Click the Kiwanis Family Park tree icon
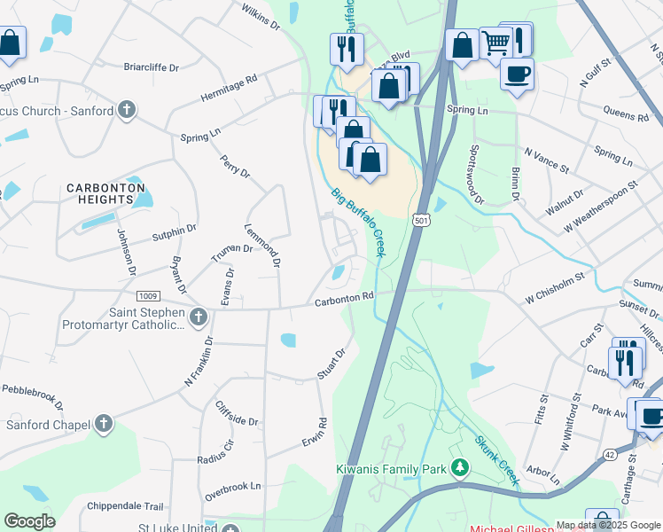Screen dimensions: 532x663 click(460, 467)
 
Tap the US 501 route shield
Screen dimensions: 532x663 click(421, 219)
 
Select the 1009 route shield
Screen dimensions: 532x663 click(148, 295)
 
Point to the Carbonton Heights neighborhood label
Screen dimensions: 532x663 click(99, 193)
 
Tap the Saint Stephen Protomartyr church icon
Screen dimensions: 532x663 click(198, 317)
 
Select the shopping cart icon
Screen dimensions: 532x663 click(495, 42)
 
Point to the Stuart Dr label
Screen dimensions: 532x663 click(331, 364)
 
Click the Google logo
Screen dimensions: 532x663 click(29, 521)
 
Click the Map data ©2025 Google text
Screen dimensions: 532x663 click(608, 525)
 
